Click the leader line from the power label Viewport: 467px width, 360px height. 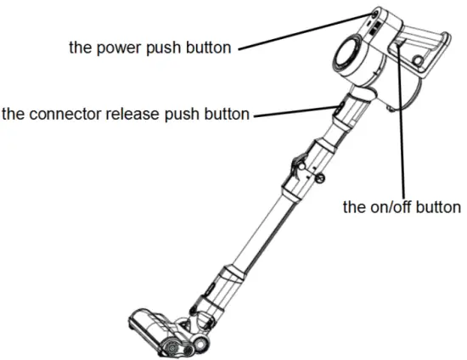click(301, 31)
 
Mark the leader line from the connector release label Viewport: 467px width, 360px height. click(293, 112)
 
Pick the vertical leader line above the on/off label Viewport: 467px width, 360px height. click(401, 127)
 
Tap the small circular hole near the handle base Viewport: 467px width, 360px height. click(417, 60)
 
